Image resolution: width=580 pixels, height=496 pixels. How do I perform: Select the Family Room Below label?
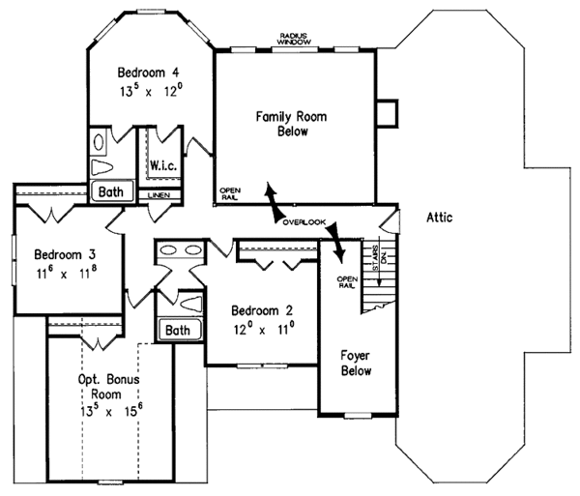tap(291, 124)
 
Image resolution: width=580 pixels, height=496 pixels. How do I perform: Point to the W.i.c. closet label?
tap(161, 165)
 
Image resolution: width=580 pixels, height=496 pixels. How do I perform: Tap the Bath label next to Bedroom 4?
tap(111, 192)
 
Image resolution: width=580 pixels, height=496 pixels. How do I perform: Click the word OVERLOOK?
tap(304, 222)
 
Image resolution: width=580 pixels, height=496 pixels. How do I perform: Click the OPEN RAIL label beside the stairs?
tap(347, 282)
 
